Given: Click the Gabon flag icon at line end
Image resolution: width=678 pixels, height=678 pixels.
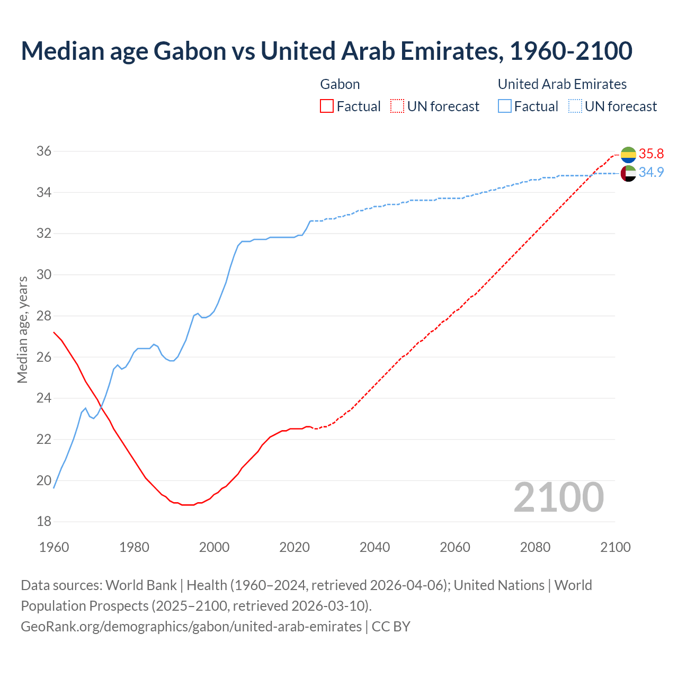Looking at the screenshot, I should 628,155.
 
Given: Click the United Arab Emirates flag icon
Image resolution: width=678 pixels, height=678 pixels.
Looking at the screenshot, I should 628,173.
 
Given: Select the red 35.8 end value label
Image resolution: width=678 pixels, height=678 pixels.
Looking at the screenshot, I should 651,154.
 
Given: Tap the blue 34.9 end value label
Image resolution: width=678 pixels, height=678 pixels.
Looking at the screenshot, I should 651,172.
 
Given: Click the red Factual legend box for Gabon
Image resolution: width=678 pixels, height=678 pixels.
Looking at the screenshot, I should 327,106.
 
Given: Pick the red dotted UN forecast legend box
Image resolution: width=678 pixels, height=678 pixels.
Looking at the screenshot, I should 397,106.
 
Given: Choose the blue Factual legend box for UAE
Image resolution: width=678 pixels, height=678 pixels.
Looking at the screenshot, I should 505,106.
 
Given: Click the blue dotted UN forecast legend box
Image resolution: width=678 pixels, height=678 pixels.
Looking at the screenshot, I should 575,106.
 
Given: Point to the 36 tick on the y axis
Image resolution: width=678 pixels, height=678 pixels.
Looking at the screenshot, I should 44,151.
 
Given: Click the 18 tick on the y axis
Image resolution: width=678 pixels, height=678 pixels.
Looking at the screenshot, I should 44,522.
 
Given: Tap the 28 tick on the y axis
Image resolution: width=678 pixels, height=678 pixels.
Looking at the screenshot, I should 44,316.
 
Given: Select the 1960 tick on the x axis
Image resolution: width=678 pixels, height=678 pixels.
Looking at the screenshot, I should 54,547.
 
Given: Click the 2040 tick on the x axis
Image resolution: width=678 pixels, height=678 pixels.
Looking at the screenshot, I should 374,547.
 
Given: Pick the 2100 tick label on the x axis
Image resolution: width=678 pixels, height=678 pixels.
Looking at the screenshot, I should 615,547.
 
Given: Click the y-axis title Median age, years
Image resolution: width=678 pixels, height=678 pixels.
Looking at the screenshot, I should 22,329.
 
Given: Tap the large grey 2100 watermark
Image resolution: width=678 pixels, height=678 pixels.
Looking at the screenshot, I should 559,497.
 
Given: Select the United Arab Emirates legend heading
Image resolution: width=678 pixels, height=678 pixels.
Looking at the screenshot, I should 562,84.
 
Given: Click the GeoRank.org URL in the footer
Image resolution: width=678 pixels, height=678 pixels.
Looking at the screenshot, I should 191,627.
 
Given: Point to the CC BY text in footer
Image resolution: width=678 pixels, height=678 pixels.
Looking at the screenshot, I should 391,627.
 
